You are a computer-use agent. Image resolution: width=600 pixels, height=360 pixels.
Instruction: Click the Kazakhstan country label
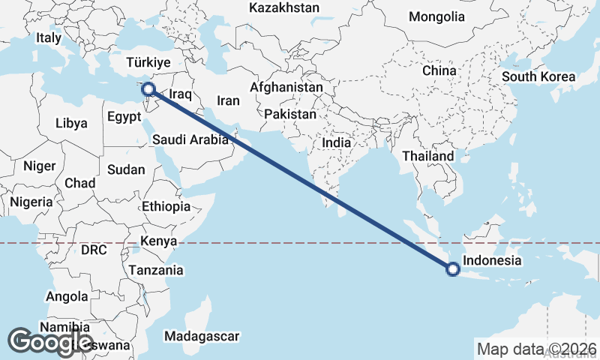[284, 7]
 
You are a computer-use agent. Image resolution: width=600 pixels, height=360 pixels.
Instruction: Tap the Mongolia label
[436, 16]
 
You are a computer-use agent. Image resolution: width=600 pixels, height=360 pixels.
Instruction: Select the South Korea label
[538, 76]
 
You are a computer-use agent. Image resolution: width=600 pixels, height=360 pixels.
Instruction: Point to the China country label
[439, 70]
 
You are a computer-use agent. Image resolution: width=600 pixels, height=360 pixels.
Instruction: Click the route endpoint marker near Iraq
[148, 89]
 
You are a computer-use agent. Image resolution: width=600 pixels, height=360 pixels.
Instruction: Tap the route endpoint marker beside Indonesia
[452, 269]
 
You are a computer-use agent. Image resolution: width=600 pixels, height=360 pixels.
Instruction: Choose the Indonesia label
[492, 261]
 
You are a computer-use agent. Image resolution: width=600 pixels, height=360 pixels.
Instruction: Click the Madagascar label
[202, 336]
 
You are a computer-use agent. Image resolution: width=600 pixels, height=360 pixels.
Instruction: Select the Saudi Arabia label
[190, 139]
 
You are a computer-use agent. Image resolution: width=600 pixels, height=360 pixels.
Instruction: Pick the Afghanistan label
[286, 87]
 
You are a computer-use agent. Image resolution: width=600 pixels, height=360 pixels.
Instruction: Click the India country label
[336, 142]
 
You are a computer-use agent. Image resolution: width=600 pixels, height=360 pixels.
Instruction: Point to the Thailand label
[428, 156]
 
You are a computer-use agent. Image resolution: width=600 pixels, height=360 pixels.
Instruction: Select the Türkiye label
[149, 62]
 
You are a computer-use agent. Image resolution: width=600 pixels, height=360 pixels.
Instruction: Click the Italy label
[49, 37]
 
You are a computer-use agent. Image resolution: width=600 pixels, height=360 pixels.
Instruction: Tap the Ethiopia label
[166, 206]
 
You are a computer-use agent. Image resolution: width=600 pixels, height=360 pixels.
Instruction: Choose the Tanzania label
[156, 270]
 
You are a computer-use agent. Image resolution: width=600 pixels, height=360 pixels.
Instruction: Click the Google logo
[49, 341]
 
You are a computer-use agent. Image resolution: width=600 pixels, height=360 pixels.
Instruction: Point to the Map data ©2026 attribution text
[536, 349]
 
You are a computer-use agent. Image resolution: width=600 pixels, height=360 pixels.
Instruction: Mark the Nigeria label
[31, 202]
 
